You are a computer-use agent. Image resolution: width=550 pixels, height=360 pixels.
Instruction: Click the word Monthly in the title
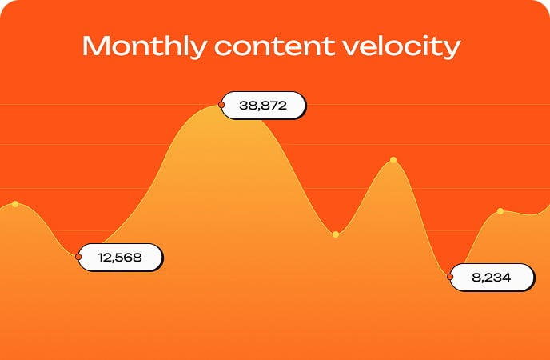tap(145, 47)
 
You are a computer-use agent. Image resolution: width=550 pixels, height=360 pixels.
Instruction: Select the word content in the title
tap(275, 46)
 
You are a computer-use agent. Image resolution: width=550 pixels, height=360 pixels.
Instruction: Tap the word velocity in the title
tap(401, 47)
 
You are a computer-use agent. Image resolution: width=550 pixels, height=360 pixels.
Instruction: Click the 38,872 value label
tap(264, 106)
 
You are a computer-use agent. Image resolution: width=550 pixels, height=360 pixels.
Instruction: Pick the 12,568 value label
tap(120, 257)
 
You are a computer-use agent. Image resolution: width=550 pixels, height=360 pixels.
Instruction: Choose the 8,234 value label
tap(492, 278)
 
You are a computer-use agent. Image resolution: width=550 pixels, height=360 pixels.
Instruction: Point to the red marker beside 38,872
tap(221, 105)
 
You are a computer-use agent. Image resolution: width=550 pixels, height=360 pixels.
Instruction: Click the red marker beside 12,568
tap(78, 257)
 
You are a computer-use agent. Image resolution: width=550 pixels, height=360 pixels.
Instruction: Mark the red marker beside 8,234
tap(450, 277)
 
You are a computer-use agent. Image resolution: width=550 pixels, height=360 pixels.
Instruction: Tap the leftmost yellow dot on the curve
tap(15, 204)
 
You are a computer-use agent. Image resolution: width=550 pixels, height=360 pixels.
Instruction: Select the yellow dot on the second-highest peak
tap(393, 160)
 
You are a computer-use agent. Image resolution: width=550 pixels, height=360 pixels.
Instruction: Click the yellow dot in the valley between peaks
tap(336, 234)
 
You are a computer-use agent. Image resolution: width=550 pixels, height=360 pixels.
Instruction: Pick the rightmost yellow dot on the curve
tap(500, 211)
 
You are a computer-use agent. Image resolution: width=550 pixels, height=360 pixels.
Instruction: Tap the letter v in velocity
tap(352, 49)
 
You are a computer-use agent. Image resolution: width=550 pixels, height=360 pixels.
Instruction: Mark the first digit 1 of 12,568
tap(101, 257)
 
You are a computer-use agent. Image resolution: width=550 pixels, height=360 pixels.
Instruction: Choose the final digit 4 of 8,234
tap(506, 278)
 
